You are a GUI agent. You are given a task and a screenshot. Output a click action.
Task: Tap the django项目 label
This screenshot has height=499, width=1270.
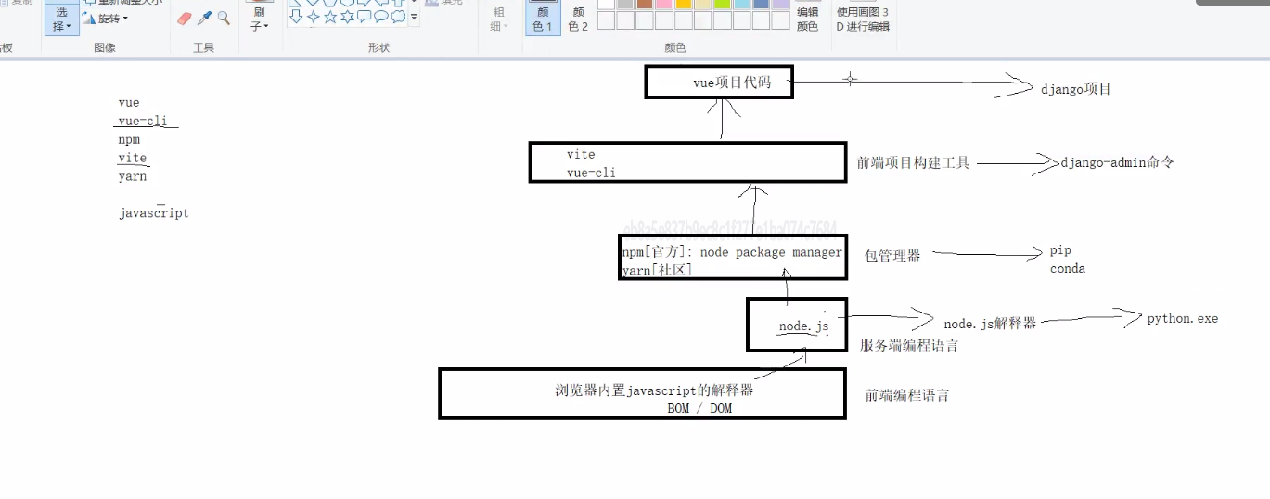[x=1075, y=89]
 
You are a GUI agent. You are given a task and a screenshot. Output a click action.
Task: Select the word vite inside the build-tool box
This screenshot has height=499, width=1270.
[x=581, y=154]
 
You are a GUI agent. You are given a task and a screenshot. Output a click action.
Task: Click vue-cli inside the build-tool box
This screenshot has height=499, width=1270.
[x=591, y=173]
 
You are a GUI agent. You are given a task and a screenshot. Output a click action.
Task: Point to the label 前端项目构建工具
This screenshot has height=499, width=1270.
[x=913, y=162]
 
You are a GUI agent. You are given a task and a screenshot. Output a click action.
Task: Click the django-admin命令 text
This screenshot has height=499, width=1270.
[x=1117, y=162]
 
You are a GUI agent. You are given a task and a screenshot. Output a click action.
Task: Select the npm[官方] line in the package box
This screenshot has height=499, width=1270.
[x=732, y=252]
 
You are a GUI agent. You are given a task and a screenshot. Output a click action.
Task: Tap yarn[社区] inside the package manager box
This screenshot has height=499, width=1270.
[x=657, y=270]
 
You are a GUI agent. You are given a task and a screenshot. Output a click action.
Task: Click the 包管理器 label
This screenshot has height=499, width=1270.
[x=892, y=255]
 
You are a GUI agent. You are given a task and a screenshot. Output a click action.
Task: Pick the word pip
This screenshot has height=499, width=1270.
[x=1060, y=250]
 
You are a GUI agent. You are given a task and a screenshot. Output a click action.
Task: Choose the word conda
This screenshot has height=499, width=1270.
[x=1067, y=269]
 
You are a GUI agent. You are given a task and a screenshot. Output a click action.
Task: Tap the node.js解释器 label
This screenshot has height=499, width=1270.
[x=989, y=324]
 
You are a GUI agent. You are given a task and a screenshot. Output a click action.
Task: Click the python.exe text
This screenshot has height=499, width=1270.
[x=1182, y=318]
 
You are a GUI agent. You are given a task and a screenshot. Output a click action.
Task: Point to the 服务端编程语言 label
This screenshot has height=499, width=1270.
[x=908, y=345]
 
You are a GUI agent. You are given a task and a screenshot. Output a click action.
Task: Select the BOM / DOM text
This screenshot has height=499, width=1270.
[x=699, y=408]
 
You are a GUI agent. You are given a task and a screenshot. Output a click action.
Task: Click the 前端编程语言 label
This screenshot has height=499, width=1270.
[x=906, y=395]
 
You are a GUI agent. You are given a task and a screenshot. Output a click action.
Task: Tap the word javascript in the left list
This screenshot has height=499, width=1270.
[x=153, y=213]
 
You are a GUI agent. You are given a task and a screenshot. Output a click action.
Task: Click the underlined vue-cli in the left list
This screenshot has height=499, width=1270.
[x=142, y=121]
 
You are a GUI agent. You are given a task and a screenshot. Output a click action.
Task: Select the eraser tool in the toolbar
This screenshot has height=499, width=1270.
[x=184, y=19]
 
